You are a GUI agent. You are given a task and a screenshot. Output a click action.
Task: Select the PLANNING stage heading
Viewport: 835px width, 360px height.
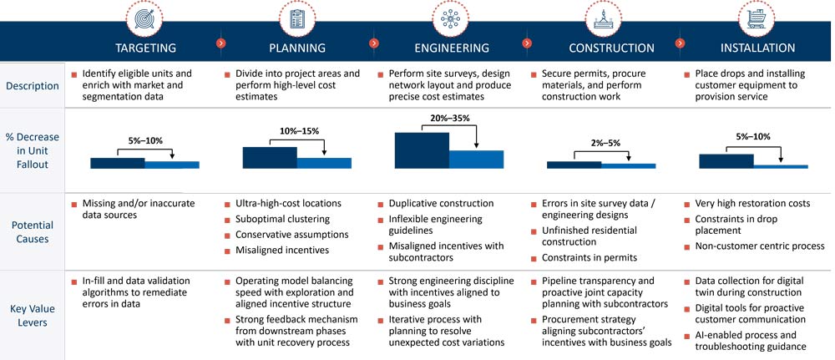click(x=297, y=48)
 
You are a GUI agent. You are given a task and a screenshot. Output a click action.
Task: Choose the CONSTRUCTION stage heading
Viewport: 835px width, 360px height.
click(x=611, y=48)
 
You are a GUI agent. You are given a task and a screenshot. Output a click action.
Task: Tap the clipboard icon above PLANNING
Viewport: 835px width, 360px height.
click(x=296, y=16)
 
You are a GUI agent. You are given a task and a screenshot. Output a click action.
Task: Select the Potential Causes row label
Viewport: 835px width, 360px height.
click(x=32, y=231)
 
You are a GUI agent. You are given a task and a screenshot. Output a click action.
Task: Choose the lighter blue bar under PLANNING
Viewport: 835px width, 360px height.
click(x=324, y=163)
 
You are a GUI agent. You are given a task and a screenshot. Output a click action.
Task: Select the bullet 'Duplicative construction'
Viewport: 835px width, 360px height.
click(x=441, y=204)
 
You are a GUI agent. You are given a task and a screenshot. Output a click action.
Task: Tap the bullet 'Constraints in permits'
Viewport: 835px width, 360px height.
click(x=589, y=257)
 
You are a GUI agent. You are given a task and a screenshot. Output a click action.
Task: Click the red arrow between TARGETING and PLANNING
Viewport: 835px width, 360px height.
click(x=220, y=43)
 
